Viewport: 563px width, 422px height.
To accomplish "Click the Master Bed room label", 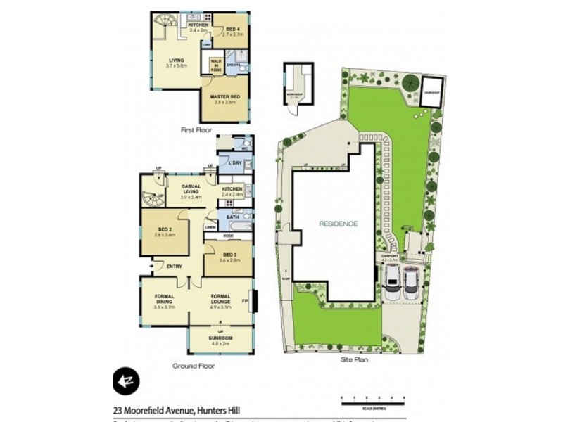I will (x=226, y=98).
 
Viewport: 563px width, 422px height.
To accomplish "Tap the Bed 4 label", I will (x=232, y=27).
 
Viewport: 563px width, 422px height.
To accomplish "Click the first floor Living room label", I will (x=176, y=62).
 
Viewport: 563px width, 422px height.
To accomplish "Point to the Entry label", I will (x=175, y=266).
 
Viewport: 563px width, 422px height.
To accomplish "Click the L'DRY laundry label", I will (x=234, y=163).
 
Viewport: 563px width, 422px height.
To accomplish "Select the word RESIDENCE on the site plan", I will (x=339, y=224).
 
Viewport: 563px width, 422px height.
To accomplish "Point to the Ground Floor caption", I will (x=194, y=366).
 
